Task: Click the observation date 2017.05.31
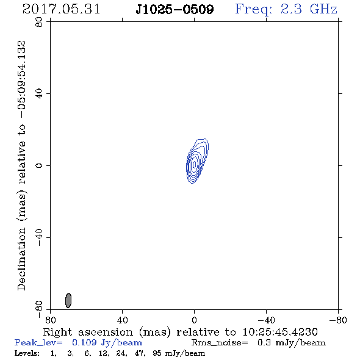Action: click(x=61, y=9)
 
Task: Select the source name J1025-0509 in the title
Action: click(x=175, y=9)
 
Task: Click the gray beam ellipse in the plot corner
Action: click(x=68, y=300)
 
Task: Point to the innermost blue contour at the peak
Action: click(x=195, y=165)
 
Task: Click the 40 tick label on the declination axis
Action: click(x=39, y=93)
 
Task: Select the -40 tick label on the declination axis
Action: click(x=39, y=237)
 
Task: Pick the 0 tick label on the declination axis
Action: click(x=39, y=165)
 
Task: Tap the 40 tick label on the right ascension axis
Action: click(x=122, y=320)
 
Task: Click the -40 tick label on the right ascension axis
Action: click(x=266, y=320)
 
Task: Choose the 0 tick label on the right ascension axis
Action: click(x=194, y=320)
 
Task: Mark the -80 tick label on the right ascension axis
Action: click(x=338, y=320)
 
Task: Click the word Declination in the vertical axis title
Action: click(x=21, y=259)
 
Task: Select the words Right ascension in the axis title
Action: click(x=88, y=332)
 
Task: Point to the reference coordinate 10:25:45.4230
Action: click(x=280, y=332)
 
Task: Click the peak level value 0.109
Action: click(x=84, y=342)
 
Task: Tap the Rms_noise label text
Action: click(x=220, y=343)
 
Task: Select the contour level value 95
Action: click(x=157, y=353)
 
